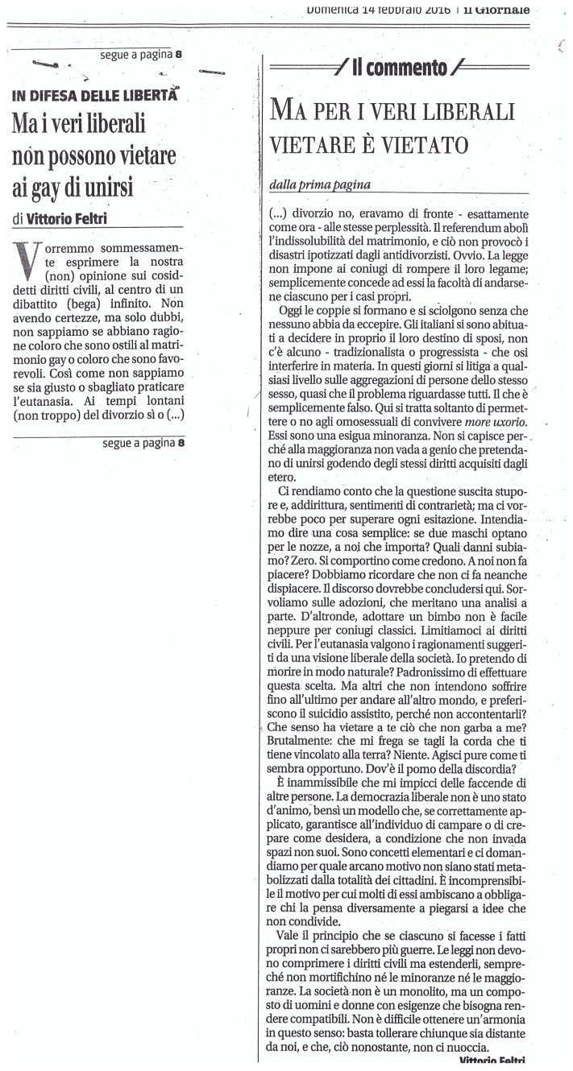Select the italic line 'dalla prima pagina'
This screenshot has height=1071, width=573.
tap(319, 184)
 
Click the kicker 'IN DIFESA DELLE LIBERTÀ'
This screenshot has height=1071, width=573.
tap(94, 96)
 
